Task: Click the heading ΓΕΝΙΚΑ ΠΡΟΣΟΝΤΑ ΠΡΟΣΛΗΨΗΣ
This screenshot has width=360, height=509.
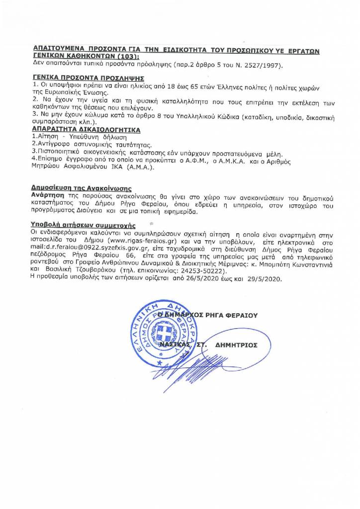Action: [x=88, y=79]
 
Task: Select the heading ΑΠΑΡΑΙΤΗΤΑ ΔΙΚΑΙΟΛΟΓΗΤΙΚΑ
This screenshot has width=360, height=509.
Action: [x=86, y=129]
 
